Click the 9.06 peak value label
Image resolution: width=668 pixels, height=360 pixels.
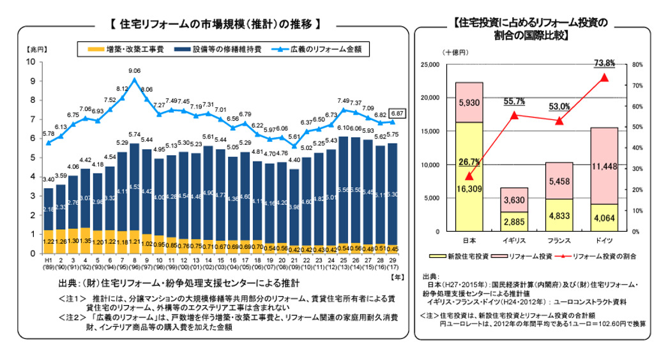click(134, 71)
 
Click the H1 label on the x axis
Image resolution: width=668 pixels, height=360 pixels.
click(48, 260)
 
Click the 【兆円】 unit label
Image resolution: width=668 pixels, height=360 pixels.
click(36, 49)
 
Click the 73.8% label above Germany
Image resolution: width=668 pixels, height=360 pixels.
click(604, 63)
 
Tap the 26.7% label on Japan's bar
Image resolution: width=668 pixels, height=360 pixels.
click(469, 162)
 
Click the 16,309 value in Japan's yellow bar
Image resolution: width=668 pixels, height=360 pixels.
click(469, 189)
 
